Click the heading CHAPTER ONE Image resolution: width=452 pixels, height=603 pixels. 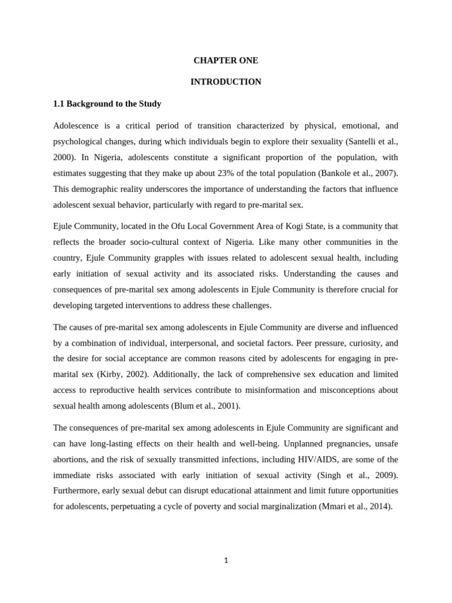coord(225,60)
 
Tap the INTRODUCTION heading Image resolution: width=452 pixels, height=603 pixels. coord(225,82)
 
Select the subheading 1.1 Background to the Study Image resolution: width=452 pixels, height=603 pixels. coord(107,104)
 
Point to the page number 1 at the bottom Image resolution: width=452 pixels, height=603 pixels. coord(225,561)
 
